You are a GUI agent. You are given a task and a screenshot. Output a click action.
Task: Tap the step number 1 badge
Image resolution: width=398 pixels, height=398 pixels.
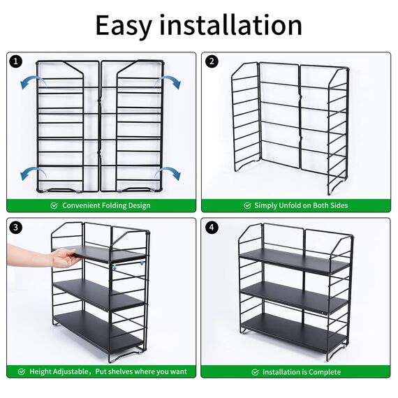16,61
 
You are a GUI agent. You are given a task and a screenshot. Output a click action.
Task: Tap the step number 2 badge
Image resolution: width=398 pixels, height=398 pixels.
212,61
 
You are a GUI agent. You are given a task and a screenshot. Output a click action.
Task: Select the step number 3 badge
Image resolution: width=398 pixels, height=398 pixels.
16,228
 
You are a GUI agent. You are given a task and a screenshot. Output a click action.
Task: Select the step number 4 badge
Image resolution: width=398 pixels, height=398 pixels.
212,228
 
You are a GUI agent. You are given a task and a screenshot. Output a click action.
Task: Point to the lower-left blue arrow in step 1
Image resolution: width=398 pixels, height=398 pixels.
29,173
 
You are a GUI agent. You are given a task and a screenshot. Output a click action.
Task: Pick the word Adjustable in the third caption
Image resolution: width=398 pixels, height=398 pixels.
73,372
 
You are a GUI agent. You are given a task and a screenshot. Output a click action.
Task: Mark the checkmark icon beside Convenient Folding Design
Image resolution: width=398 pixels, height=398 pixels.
54,206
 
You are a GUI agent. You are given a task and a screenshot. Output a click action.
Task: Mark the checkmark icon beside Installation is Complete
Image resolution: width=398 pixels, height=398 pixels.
256,372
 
